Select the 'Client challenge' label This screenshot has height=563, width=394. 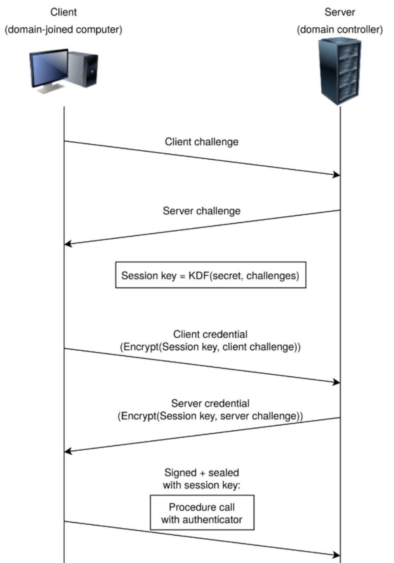point(201,142)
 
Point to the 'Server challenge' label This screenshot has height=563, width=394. point(201,211)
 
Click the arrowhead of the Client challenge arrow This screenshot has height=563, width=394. point(337,175)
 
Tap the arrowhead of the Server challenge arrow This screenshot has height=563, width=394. point(67,244)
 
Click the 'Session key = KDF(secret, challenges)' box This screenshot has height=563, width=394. point(210,275)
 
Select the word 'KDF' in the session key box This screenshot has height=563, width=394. point(199,276)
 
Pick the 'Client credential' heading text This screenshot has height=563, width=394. point(210,334)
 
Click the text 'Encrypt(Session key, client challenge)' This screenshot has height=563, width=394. point(210,347)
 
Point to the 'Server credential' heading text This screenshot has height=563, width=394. point(210,403)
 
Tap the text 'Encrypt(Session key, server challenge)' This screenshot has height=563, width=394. point(210,416)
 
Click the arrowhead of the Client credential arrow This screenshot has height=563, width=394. point(337,382)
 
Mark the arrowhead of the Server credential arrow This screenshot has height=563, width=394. point(67,451)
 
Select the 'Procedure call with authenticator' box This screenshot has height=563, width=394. point(202,513)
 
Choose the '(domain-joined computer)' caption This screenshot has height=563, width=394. point(63,30)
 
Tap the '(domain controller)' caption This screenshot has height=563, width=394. point(340,30)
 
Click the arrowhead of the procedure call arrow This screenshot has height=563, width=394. point(337,555)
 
